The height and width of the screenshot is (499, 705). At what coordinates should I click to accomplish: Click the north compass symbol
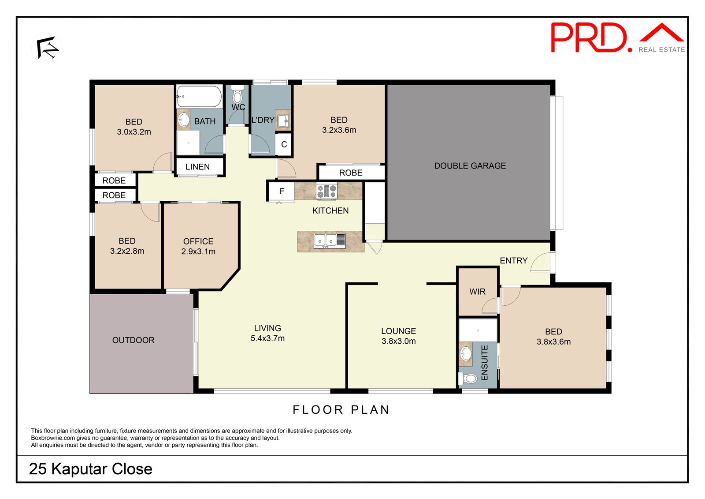[47, 48]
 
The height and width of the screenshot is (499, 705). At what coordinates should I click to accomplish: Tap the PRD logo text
[591, 38]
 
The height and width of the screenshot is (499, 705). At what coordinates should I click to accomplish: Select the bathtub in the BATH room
[199, 96]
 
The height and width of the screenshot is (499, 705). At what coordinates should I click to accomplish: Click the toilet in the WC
[237, 94]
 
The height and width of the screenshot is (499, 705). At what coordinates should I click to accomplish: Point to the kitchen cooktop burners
[327, 191]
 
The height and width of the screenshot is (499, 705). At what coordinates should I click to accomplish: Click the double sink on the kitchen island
[330, 240]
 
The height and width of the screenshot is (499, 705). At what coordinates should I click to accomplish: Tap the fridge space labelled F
[282, 191]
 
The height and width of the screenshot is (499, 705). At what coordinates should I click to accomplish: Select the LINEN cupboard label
[197, 167]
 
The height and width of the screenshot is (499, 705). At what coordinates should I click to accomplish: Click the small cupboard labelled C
[284, 144]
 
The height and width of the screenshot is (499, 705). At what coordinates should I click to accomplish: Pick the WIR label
[477, 292]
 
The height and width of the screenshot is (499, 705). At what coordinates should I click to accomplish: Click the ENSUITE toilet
[468, 378]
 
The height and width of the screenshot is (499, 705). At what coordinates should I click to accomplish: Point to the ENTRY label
[513, 260]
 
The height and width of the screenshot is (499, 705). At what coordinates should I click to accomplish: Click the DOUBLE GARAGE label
[470, 166]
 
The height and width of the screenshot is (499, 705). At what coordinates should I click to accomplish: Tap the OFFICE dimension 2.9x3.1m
[198, 251]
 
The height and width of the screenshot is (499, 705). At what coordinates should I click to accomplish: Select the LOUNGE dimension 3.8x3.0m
[398, 341]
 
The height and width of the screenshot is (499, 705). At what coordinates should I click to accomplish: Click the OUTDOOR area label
[133, 340]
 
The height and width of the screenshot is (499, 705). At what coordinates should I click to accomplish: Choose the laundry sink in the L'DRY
[283, 120]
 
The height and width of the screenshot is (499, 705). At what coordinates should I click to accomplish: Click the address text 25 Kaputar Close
[91, 469]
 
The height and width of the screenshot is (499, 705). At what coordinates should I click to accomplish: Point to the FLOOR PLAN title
[341, 410]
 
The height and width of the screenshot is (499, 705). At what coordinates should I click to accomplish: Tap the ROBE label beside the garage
[351, 173]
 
